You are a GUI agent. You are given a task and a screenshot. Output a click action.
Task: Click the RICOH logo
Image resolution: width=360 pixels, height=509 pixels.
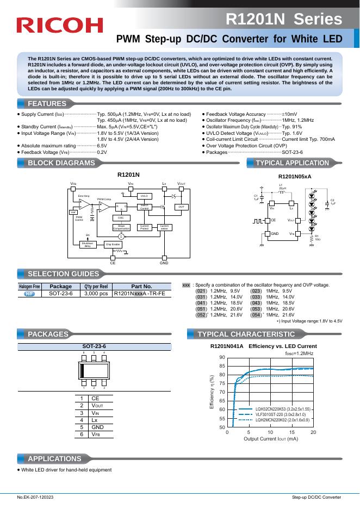tap(60, 25)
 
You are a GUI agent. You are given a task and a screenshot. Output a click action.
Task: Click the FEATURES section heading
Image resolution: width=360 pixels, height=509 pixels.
tap(47, 104)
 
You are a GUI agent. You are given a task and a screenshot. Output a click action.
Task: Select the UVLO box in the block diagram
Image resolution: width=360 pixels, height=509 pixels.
tap(144, 196)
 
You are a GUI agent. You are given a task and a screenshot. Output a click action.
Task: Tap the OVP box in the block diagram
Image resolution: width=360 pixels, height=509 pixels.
tap(181, 207)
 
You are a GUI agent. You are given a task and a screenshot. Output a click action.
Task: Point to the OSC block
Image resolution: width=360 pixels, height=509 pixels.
tap(121, 217)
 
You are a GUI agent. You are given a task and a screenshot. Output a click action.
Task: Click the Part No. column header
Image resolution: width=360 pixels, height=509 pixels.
tap(141, 286)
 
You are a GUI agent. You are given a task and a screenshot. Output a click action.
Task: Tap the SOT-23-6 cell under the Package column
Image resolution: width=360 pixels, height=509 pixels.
tap(60, 294)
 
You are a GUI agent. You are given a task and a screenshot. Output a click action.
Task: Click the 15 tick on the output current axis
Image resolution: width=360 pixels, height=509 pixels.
tap(291, 432)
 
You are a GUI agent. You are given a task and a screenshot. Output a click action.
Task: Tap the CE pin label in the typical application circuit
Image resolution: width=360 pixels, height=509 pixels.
tap(274, 220)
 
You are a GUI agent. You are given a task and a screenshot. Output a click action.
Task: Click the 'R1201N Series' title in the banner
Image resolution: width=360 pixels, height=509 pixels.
tap(283, 20)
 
